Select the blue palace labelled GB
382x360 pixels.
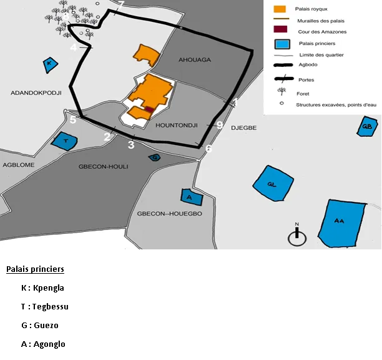click(366, 127)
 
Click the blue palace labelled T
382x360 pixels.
click(64, 142)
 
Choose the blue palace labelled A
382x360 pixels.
click(190, 196)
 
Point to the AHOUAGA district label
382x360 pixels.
click(195, 59)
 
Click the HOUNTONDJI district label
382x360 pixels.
click(177, 126)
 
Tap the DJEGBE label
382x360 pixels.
click(244, 128)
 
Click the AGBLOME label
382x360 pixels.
click(18, 165)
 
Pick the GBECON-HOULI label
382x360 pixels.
click(104, 167)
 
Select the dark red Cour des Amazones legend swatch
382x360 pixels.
click(280, 29)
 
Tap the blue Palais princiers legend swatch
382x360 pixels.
click(283, 44)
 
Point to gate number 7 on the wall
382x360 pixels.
click(120, 5)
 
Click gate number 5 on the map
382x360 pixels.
click(73, 119)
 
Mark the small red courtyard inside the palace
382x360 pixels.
click(149, 110)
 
